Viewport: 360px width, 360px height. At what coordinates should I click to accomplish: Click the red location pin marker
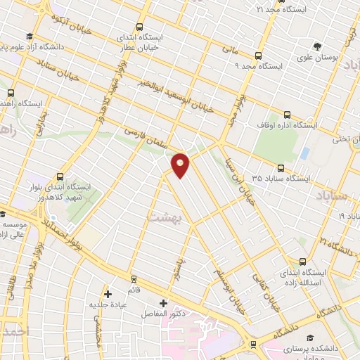coord(181,164)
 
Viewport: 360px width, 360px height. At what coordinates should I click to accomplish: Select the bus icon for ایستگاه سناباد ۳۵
coord(281,168)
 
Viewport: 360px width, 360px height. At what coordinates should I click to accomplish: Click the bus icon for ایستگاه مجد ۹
coord(258,56)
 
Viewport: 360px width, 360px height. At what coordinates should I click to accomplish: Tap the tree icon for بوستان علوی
coord(318,44)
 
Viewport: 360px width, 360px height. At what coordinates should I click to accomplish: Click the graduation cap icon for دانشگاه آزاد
coord(29,37)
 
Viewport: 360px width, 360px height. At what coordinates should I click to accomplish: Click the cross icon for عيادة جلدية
coord(108,294)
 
